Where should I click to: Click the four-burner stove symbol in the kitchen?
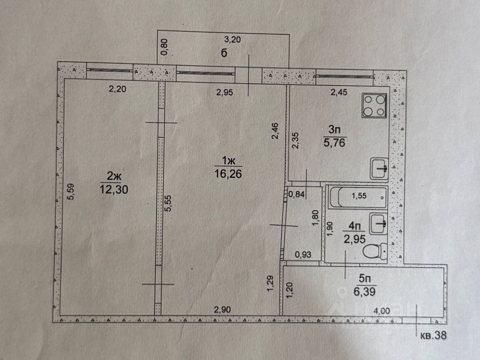(375, 105)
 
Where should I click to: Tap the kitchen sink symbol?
(379, 168)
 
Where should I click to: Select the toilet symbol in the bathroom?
(378, 250)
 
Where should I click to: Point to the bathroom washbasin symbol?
(379, 223)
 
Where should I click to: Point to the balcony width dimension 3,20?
(232, 40)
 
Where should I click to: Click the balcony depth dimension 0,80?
(164, 47)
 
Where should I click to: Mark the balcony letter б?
(223, 53)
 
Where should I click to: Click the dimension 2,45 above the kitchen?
(338, 92)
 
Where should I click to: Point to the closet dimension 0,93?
(303, 255)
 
